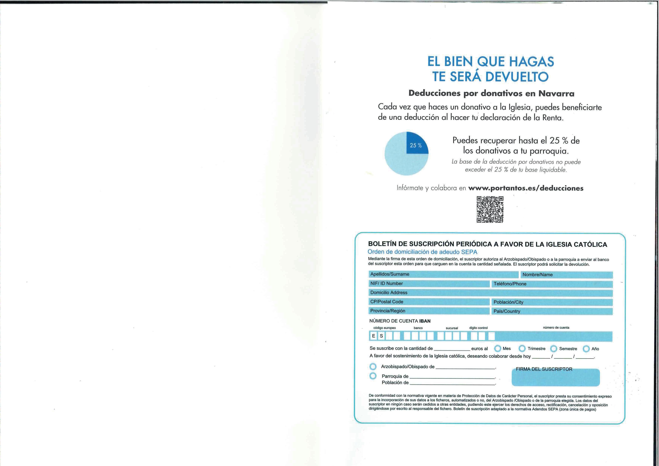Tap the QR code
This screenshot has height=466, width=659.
pyautogui.click(x=490, y=209)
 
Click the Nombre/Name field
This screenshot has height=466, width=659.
pyautogui.click(x=566, y=275)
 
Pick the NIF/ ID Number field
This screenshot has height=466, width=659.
pyautogui.click(x=429, y=284)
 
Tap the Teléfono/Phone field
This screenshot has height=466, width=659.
pyautogui.click(x=552, y=284)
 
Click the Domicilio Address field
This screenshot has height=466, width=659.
pyautogui.click(x=490, y=293)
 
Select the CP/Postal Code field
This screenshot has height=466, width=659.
pyautogui.click(x=429, y=302)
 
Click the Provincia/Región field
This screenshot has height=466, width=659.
pyautogui.click(x=429, y=311)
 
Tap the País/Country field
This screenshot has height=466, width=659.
pyautogui.click(x=552, y=311)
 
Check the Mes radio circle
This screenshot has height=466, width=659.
pyautogui.click(x=497, y=349)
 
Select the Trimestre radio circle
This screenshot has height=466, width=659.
pyautogui.click(x=522, y=349)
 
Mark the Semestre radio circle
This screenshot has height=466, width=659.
pyautogui.click(x=554, y=349)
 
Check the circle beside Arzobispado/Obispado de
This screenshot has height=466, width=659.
pyautogui.click(x=373, y=367)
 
